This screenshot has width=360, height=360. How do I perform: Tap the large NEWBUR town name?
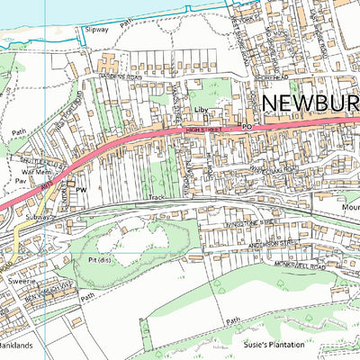coord(310,103)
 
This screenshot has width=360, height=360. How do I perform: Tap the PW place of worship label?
coord(80,191)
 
